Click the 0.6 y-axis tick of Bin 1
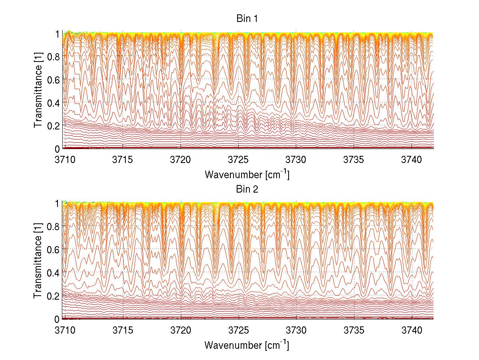click(x=53, y=80)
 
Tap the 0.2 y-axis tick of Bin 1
click(x=53, y=125)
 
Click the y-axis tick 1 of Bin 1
click(x=57, y=34)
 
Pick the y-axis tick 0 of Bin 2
click(x=57, y=319)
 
